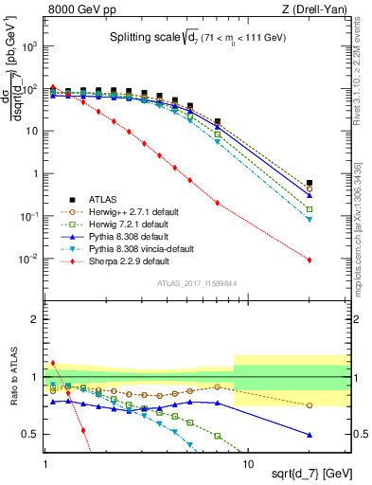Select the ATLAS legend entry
[x=104, y=200]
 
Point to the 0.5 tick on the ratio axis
[x=32, y=435]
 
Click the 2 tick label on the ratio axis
[x=36, y=319]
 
